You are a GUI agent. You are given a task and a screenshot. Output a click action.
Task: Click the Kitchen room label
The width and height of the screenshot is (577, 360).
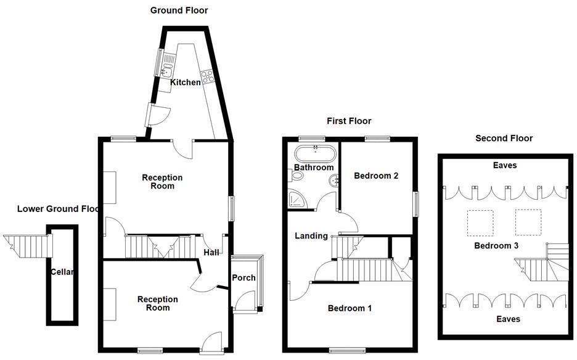[186, 83]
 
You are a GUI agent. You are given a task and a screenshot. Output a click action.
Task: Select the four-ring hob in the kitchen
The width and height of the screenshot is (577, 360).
[207, 76]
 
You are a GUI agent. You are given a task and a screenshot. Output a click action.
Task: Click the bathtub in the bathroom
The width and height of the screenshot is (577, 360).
[315, 153]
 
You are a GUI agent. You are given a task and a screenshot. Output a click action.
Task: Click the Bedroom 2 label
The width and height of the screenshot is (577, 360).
[376, 176]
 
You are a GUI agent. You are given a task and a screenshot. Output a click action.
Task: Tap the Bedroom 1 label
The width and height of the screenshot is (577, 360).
[350, 308]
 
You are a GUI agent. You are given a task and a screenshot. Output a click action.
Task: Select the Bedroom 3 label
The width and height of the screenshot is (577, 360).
[496, 245]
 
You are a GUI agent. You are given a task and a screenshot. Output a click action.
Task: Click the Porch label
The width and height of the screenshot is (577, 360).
[243, 277]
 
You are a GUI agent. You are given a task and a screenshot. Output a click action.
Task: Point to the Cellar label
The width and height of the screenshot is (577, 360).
[62, 272]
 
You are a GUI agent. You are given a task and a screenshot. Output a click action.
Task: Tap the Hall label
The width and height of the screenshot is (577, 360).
[212, 252]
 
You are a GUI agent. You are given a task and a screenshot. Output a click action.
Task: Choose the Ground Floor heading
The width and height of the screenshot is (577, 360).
[179, 10]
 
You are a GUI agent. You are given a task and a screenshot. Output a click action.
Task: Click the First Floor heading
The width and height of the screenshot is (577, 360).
[349, 121]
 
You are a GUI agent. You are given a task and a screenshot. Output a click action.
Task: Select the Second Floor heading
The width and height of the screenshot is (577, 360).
[504, 138]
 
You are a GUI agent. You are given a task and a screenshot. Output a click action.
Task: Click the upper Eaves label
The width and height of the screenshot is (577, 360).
[505, 166]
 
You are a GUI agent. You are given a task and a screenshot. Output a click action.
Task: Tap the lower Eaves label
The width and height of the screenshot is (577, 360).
[508, 319]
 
